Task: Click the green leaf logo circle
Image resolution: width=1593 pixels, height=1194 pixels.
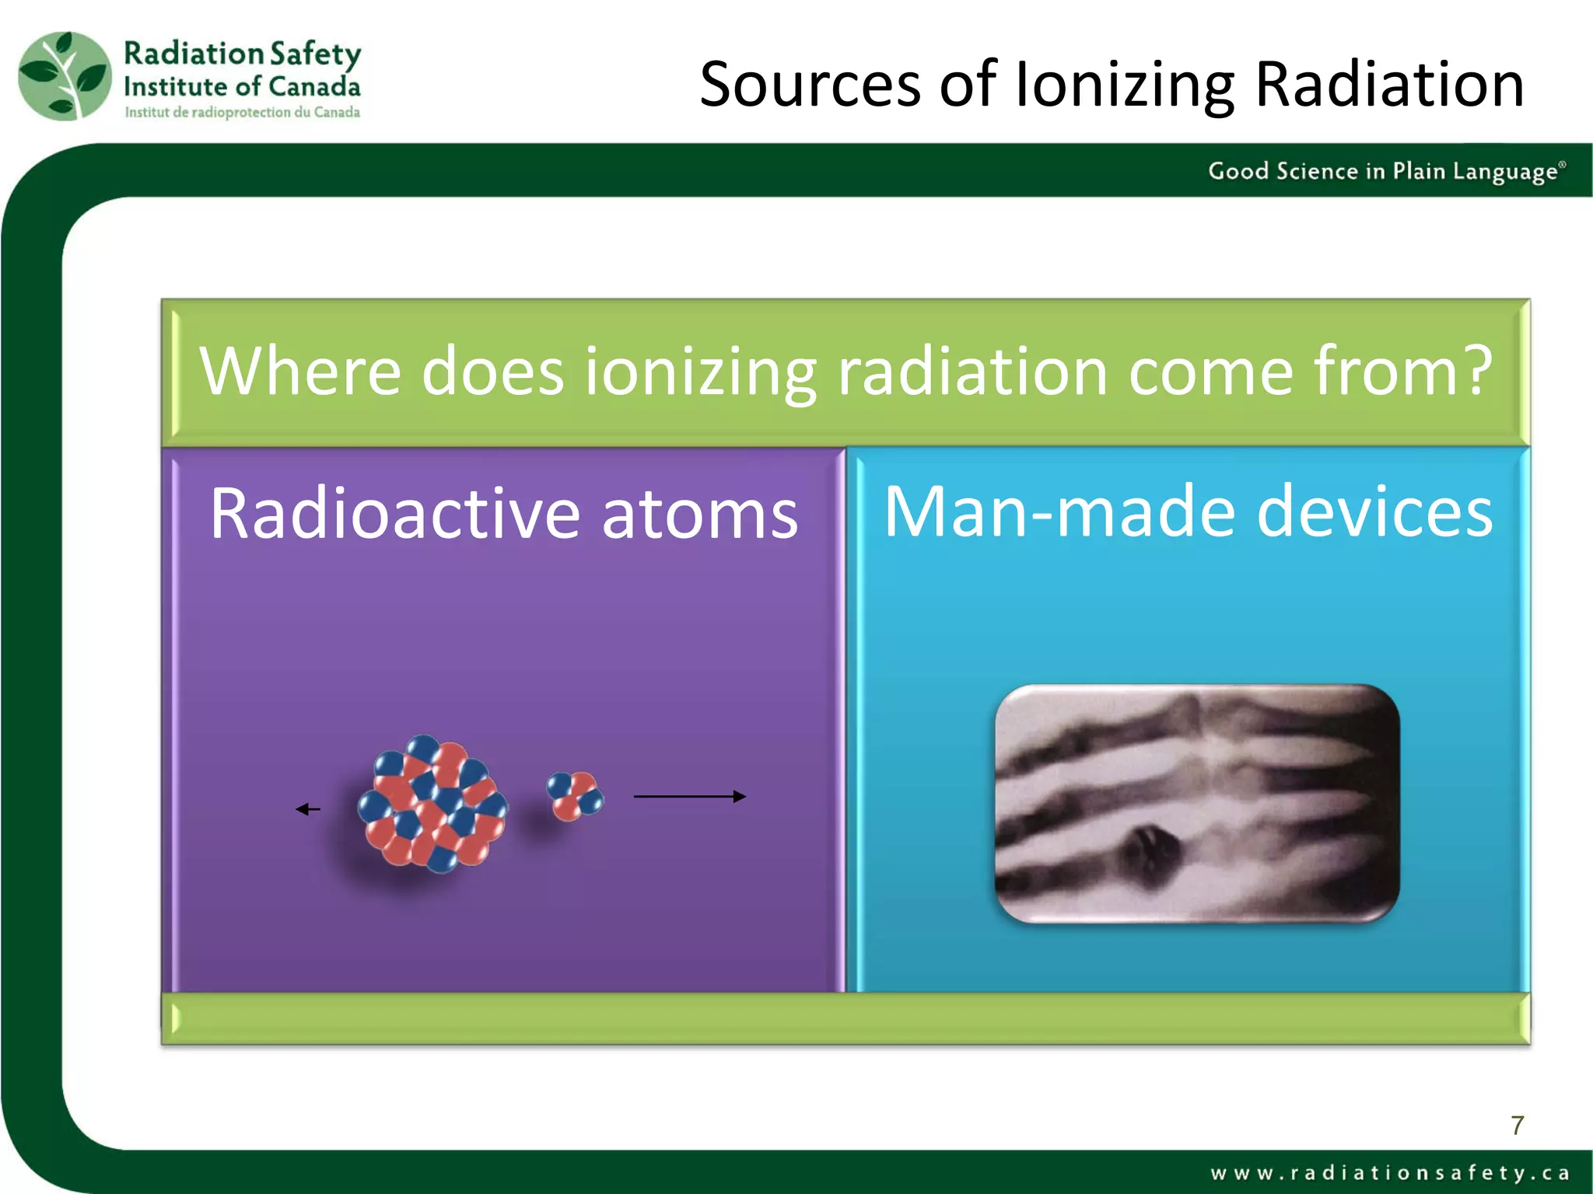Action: coord(65,76)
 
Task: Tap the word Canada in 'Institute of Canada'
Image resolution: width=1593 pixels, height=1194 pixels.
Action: coord(313,86)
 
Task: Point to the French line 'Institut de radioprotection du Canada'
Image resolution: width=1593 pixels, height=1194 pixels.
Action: coord(242,112)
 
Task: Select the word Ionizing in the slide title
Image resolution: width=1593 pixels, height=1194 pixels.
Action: coord(1123,86)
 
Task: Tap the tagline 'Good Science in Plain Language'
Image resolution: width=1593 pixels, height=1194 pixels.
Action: coord(1385,171)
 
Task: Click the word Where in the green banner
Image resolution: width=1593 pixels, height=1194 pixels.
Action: coord(299,372)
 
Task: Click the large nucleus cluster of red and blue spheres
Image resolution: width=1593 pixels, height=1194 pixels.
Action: coord(432,803)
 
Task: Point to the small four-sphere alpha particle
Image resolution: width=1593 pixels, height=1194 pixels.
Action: coord(575,795)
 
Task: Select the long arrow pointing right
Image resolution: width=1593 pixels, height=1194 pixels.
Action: coord(689,796)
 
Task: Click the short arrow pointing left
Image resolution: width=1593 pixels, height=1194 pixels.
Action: coord(308,809)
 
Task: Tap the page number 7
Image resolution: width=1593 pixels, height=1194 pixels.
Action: coord(1517,1125)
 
